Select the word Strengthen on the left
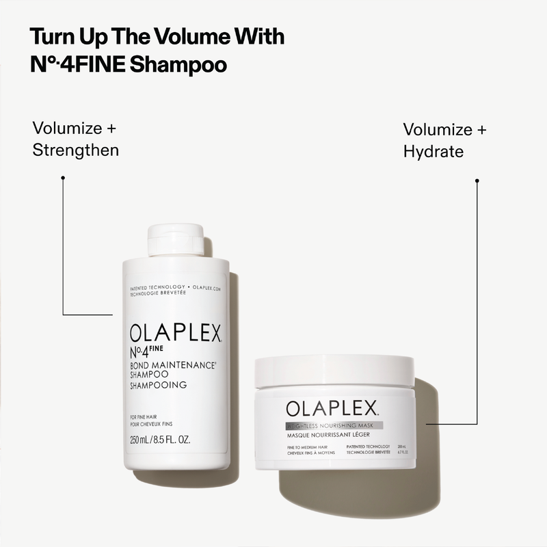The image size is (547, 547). [x=76, y=150]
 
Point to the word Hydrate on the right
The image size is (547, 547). [x=433, y=151]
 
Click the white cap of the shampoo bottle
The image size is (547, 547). [x=176, y=239]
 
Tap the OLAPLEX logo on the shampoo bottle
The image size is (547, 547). [x=176, y=334]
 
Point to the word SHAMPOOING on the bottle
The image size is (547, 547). [x=158, y=386]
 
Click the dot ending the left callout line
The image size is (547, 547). [x=63, y=178]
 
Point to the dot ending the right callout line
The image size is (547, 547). [x=477, y=181]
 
